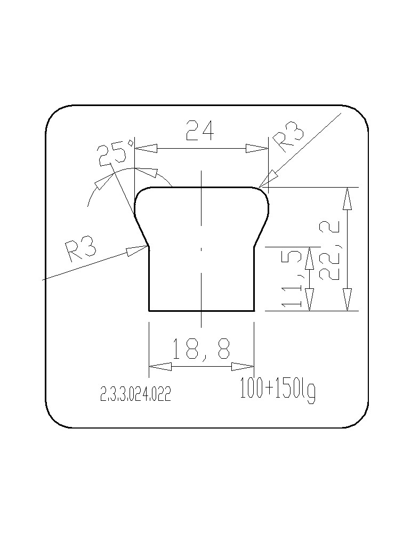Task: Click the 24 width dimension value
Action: [200, 130]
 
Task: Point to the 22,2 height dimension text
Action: [329, 250]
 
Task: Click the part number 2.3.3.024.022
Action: [135, 394]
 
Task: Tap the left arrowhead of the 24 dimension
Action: [146, 148]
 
